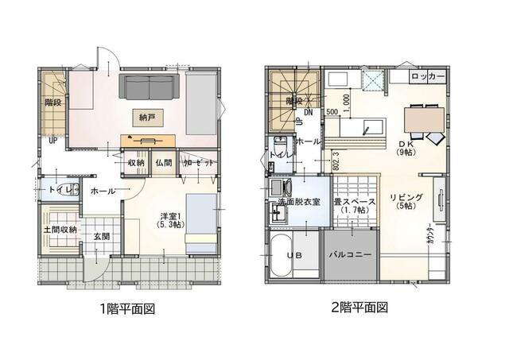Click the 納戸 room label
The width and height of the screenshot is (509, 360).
coord(147,117)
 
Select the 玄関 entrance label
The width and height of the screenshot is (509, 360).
coord(101,236)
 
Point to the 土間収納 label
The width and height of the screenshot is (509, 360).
coord(60,230)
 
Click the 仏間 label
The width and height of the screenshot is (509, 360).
coord(164,163)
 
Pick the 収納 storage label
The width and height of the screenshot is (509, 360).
coord(135,163)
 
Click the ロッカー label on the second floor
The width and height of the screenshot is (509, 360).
coord(428,77)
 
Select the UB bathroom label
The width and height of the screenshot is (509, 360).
coord(293,257)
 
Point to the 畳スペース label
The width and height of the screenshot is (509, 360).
coord(353,204)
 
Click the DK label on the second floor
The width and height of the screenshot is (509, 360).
coord(406,145)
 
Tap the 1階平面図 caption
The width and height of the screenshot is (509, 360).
coord(126,308)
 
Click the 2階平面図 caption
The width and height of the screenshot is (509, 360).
coord(360,308)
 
